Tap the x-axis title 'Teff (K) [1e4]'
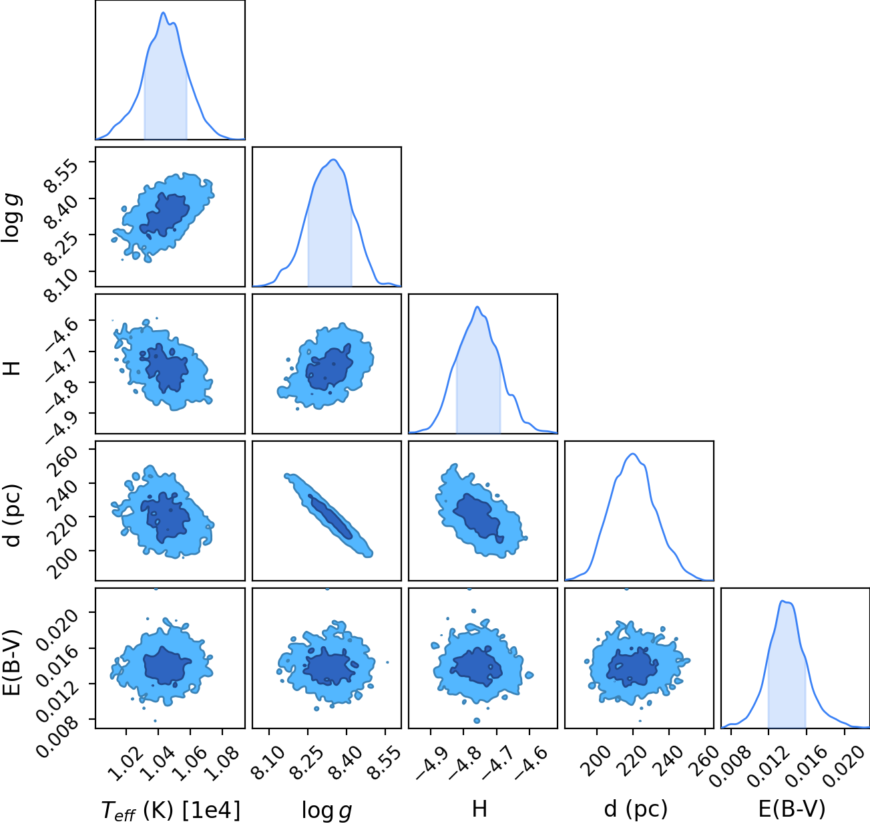pyautogui.click(x=171, y=810)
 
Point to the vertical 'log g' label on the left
pyautogui.click(x=12, y=217)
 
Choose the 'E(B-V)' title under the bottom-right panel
pyautogui.click(x=792, y=810)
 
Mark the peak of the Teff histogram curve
pyautogui.click(x=164, y=13)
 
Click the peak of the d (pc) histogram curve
pyautogui.click(x=633, y=453)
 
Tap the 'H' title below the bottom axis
pyautogui.click(x=479, y=810)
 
